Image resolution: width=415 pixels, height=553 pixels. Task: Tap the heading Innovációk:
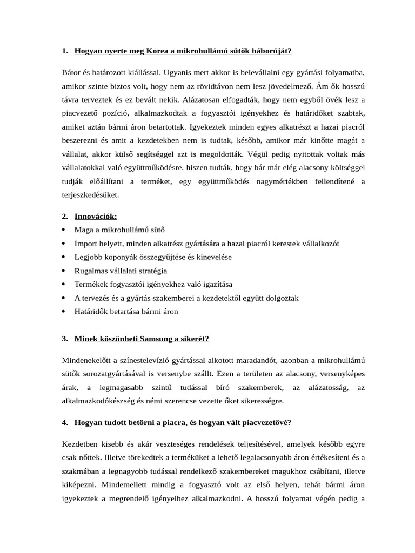tap(96, 217)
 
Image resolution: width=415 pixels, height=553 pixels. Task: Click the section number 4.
tap(64, 422)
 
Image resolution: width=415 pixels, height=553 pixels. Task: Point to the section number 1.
tap(64, 51)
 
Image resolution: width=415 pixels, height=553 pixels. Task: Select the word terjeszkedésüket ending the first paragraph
tap(90, 195)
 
